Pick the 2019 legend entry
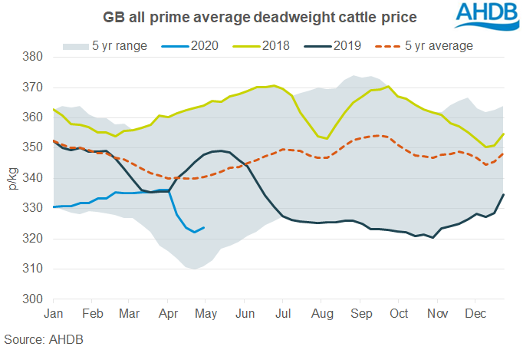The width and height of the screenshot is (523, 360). [349, 46]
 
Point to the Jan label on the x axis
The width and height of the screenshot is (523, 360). [54, 313]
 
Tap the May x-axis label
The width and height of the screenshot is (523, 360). [206, 313]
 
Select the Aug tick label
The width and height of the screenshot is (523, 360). [321, 313]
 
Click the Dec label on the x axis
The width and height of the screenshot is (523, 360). [472, 313]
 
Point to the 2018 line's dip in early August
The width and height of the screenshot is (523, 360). [327, 139]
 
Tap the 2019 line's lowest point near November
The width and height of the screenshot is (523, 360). [434, 238]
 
